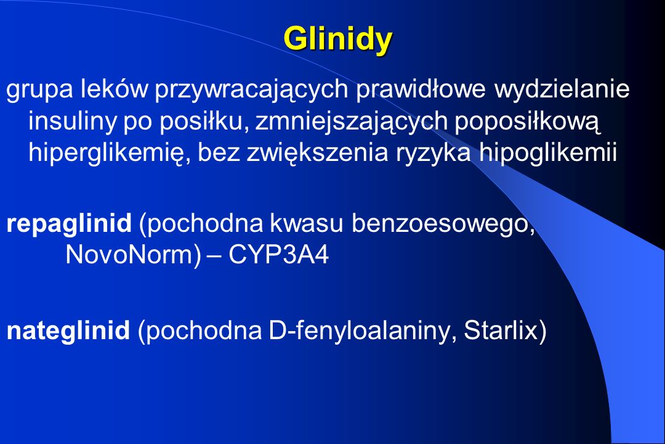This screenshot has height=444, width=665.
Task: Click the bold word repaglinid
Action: (x=69, y=223)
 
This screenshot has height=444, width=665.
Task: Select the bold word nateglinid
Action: (x=68, y=330)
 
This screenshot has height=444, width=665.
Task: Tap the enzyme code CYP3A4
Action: (x=279, y=255)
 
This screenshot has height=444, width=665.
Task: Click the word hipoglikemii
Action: (x=548, y=152)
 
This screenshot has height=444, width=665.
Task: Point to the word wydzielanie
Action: (x=562, y=89)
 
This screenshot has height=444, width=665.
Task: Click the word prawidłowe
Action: (x=421, y=89)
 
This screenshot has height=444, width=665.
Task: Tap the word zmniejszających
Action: (x=352, y=121)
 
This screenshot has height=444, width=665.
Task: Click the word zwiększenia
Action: (x=317, y=154)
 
